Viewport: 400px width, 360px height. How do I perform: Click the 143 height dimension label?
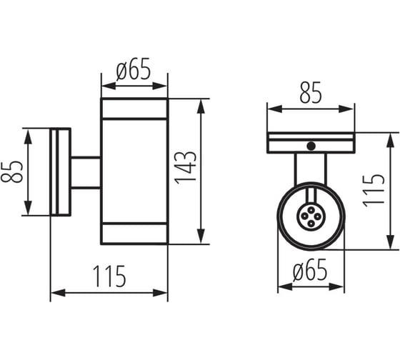(186, 168)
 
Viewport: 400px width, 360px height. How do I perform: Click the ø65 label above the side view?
(134, 69)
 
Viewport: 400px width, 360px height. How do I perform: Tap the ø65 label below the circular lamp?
(310, 270)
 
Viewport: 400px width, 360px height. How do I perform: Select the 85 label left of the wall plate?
(12, 171)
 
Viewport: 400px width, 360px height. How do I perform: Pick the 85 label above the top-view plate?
(311, 93)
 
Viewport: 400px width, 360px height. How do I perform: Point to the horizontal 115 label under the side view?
(109, 276)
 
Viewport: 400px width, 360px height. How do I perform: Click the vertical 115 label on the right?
(374, 191)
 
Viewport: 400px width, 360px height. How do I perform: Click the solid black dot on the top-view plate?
(311, 146)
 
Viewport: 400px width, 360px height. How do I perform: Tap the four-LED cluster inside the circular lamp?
(311, 216)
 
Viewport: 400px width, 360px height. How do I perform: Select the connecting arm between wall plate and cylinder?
(86, 173)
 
